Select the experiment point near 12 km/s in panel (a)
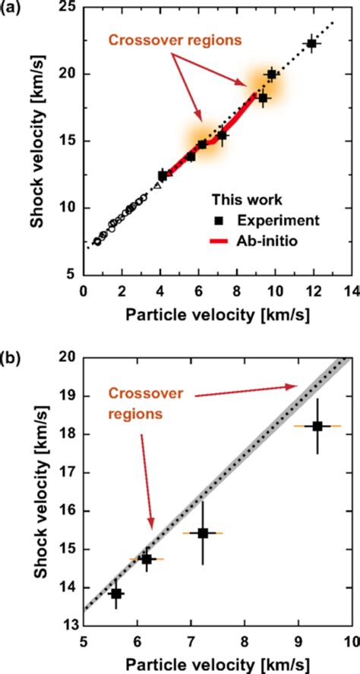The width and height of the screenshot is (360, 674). (x=311, y=44)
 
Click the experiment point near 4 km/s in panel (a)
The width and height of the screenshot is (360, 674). (x=163, y=175)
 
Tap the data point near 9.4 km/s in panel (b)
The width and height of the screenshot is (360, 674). (x=317, y=426)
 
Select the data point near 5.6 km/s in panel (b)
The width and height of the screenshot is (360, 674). (x=116, y=594)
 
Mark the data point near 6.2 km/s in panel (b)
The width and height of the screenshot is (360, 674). (x=147, y=559)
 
